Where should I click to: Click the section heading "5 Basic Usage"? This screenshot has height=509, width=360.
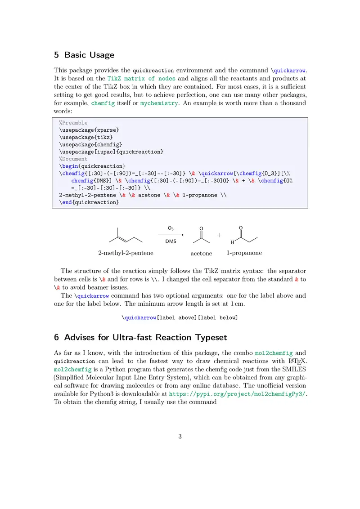tap(84, 55)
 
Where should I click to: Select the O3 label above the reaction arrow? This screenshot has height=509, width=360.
tap(171, 228)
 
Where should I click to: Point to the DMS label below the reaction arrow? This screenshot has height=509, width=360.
tap(171, 241)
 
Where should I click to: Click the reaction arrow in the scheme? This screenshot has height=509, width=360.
tap(171, 235)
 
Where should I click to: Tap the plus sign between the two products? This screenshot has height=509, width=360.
tap(220, 235)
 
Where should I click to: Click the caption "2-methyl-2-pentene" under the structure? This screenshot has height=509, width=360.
tap(126, 253)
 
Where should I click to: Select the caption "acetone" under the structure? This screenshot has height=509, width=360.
tap(201, 254)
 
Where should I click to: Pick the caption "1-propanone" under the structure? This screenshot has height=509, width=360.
tap(244, 253)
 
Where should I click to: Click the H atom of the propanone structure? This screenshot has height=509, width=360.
tap(232, 243)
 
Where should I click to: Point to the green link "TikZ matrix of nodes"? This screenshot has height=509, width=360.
tap(139, 78)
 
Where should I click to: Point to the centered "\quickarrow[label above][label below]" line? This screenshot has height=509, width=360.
tap(180, 317)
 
